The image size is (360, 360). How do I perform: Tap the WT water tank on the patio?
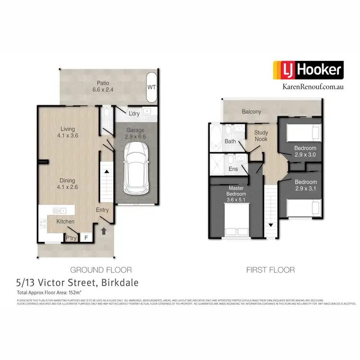coord(152,87)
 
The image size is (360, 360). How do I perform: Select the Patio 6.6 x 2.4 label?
coord(103,86)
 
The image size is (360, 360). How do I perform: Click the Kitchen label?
coord(66,221)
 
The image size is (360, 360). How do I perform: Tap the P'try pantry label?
coord(71,238)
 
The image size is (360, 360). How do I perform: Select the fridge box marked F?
coord(86,237)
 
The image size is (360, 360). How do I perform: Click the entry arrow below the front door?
coord(104,231)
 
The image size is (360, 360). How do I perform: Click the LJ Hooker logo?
coord(308,71)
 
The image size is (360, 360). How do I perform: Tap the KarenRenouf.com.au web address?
coord(308,87)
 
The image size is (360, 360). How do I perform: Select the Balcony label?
coord(252,112)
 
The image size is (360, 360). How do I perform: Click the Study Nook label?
coord(261,136)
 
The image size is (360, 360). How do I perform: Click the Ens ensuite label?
coord(233,169)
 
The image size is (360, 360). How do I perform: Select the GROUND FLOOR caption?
coord(101,270)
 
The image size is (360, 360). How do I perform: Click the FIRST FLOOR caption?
coord(270,270)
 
